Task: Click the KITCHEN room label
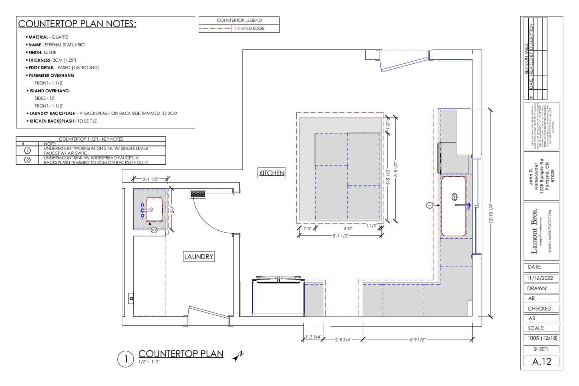271,173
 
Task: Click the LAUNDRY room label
199,257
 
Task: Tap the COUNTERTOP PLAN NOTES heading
77,24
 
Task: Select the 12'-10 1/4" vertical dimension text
490,213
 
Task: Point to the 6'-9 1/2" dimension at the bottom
417,340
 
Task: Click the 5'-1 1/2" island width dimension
340,236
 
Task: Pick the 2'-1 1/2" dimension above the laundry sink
150,179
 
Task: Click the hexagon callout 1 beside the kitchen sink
429,205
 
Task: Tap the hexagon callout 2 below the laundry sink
154,230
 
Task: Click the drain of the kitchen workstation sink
455,196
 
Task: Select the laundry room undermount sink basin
155,209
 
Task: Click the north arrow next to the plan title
238,356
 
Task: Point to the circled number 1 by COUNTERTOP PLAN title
126,359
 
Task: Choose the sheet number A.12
541,361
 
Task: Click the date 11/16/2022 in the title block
540,278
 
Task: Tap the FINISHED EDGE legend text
249,29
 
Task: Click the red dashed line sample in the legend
215,29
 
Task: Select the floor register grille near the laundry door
198,195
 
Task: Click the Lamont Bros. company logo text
534,231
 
